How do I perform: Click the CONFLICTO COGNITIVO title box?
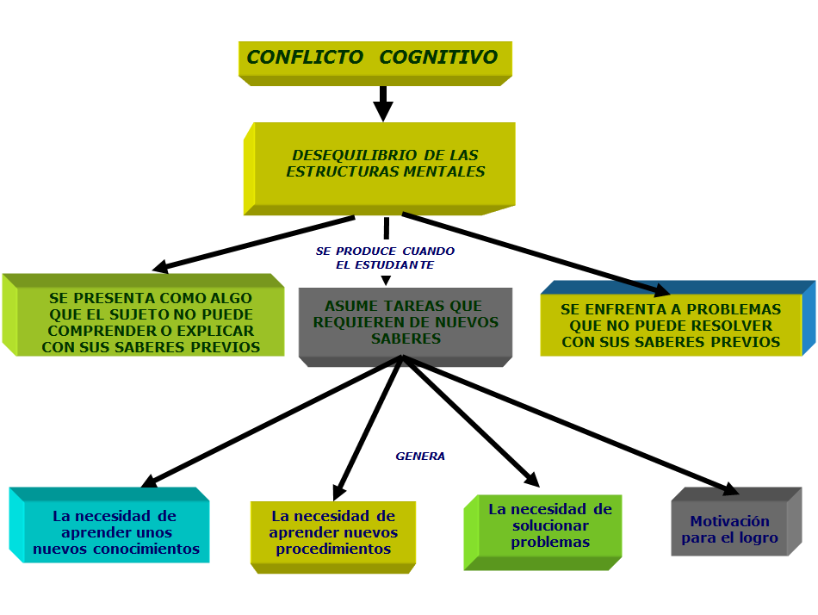(374, 59)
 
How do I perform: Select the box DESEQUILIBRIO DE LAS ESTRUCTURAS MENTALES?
(385, 164)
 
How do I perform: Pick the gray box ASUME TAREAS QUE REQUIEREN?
(405, 322)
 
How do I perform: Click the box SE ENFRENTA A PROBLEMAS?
(671, 325)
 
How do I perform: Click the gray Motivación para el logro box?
(729, 529)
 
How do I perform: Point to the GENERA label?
(420, 457)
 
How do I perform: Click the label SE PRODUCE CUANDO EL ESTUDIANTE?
(385, 258)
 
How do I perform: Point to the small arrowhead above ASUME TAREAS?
(385, 280)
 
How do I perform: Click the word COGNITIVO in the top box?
(438, 58)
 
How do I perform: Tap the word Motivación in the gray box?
(729, 521)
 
